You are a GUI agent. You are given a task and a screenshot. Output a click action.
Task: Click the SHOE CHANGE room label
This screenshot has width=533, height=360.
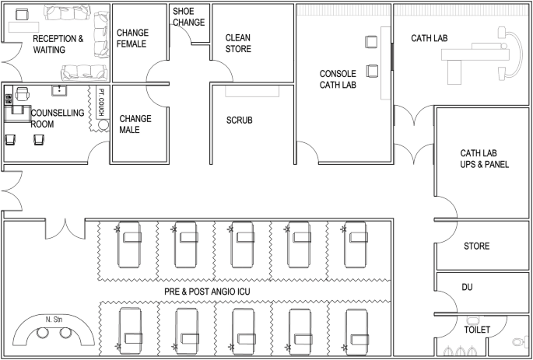click(188, 16)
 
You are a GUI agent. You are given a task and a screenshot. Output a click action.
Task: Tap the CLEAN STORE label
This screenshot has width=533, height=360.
click(238, 43)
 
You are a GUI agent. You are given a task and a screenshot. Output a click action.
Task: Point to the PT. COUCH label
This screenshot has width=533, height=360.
click(101, 102)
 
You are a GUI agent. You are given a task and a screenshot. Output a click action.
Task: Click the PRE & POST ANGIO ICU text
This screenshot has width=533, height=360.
click(207, 292)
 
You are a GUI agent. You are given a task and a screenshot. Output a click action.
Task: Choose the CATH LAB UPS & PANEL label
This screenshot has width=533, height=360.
click(485, 159)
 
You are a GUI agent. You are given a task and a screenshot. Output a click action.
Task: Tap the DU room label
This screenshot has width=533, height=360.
click(467, 288)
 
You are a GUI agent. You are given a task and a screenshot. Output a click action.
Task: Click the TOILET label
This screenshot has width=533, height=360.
click(477, 330)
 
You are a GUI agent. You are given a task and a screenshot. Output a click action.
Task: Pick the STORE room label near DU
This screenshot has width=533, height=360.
click(476, 246)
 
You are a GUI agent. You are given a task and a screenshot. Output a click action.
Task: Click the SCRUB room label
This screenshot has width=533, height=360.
click(240, 121)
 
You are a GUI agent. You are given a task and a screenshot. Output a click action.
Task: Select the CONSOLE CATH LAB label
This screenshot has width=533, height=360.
click(338, 79)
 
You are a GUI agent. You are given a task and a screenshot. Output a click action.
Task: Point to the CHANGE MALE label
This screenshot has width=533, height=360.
click(135, 124)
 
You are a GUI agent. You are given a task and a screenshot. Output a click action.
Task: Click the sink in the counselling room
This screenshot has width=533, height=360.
click(59, 91)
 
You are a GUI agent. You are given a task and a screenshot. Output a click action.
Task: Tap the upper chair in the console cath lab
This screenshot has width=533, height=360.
click(371, 42)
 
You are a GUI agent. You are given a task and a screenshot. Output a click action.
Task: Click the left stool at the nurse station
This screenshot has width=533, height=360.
click(43, 333)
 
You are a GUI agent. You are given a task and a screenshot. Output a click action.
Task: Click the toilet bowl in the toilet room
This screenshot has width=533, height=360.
click(520, 341)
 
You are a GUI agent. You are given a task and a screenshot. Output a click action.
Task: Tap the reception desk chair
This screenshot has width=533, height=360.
click(22, 15)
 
